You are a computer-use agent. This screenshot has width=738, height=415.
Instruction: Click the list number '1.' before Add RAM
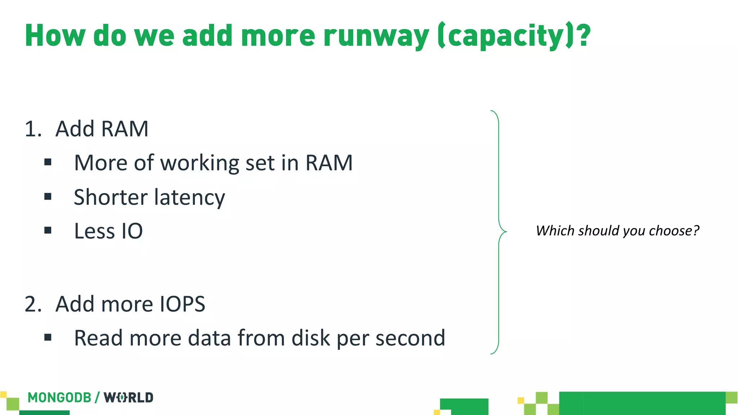33,129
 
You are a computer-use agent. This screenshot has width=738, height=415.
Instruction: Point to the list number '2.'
33,304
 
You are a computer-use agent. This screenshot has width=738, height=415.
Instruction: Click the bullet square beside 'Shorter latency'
48,197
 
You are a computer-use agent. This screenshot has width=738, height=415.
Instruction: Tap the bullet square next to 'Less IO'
48,231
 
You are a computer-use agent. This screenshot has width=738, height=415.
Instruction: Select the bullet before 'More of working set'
48,162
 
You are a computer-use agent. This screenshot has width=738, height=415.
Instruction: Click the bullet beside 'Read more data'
48,338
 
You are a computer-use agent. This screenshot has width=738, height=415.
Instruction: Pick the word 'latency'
190,197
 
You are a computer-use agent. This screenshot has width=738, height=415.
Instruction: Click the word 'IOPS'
182,304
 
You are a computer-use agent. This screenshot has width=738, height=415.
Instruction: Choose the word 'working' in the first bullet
200,163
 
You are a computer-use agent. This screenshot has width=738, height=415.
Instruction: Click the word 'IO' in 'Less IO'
132,231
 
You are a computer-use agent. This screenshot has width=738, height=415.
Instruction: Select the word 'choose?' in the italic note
674,231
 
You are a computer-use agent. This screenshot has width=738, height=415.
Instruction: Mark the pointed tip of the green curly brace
506,231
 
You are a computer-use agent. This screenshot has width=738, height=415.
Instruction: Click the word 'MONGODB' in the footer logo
59,398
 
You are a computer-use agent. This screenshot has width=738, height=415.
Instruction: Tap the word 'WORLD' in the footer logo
129,398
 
